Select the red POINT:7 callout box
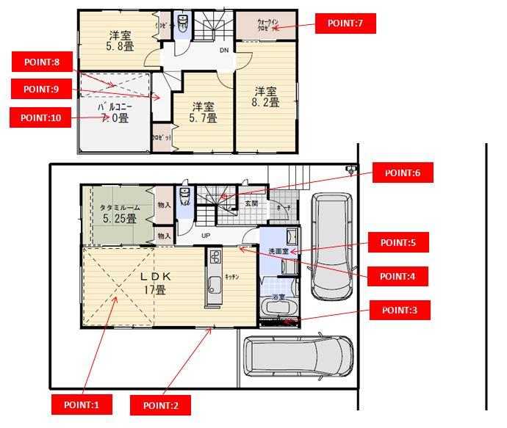coord(345,24)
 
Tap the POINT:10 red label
coord(40,117)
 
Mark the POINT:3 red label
coord(399,310)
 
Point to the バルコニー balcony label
coord(114,106)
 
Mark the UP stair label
coord(206,236)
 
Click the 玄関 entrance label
coord(251,202)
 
